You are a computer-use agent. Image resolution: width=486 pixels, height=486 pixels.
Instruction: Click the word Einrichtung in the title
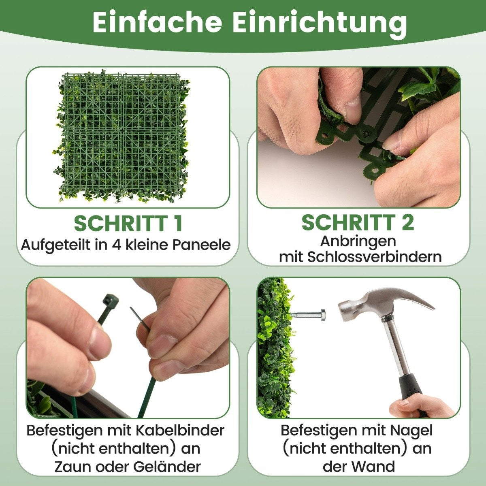[319, 24]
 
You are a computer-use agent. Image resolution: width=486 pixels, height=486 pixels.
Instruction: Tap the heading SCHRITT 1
[128, 224]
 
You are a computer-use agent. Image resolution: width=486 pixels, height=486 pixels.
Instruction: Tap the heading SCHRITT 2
[358, 222]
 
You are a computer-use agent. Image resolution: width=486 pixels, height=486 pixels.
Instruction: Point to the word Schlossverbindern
[374, 257]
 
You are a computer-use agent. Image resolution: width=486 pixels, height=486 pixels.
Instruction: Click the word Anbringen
[358, 242]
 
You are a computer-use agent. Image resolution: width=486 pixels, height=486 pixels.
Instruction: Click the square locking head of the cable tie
[111, 300]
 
